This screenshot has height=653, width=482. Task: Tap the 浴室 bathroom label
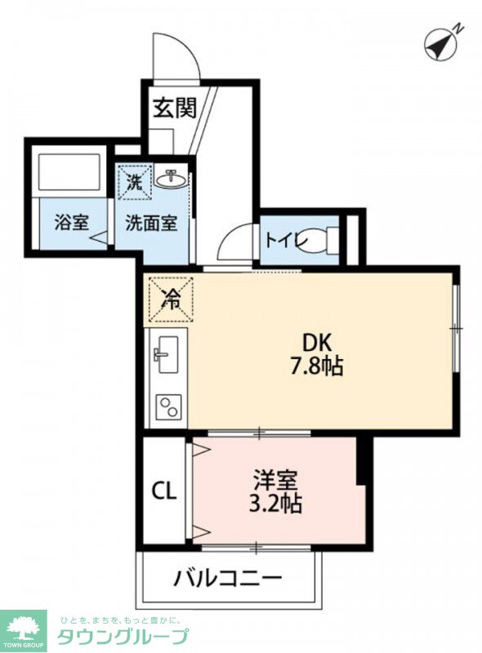click(x=71, y=222)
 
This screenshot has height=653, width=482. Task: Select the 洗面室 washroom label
click(x=151, y=222)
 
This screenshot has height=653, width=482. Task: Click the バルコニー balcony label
click(x=228, y=579)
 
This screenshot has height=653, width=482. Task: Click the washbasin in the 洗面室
click(x=172, y=180)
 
